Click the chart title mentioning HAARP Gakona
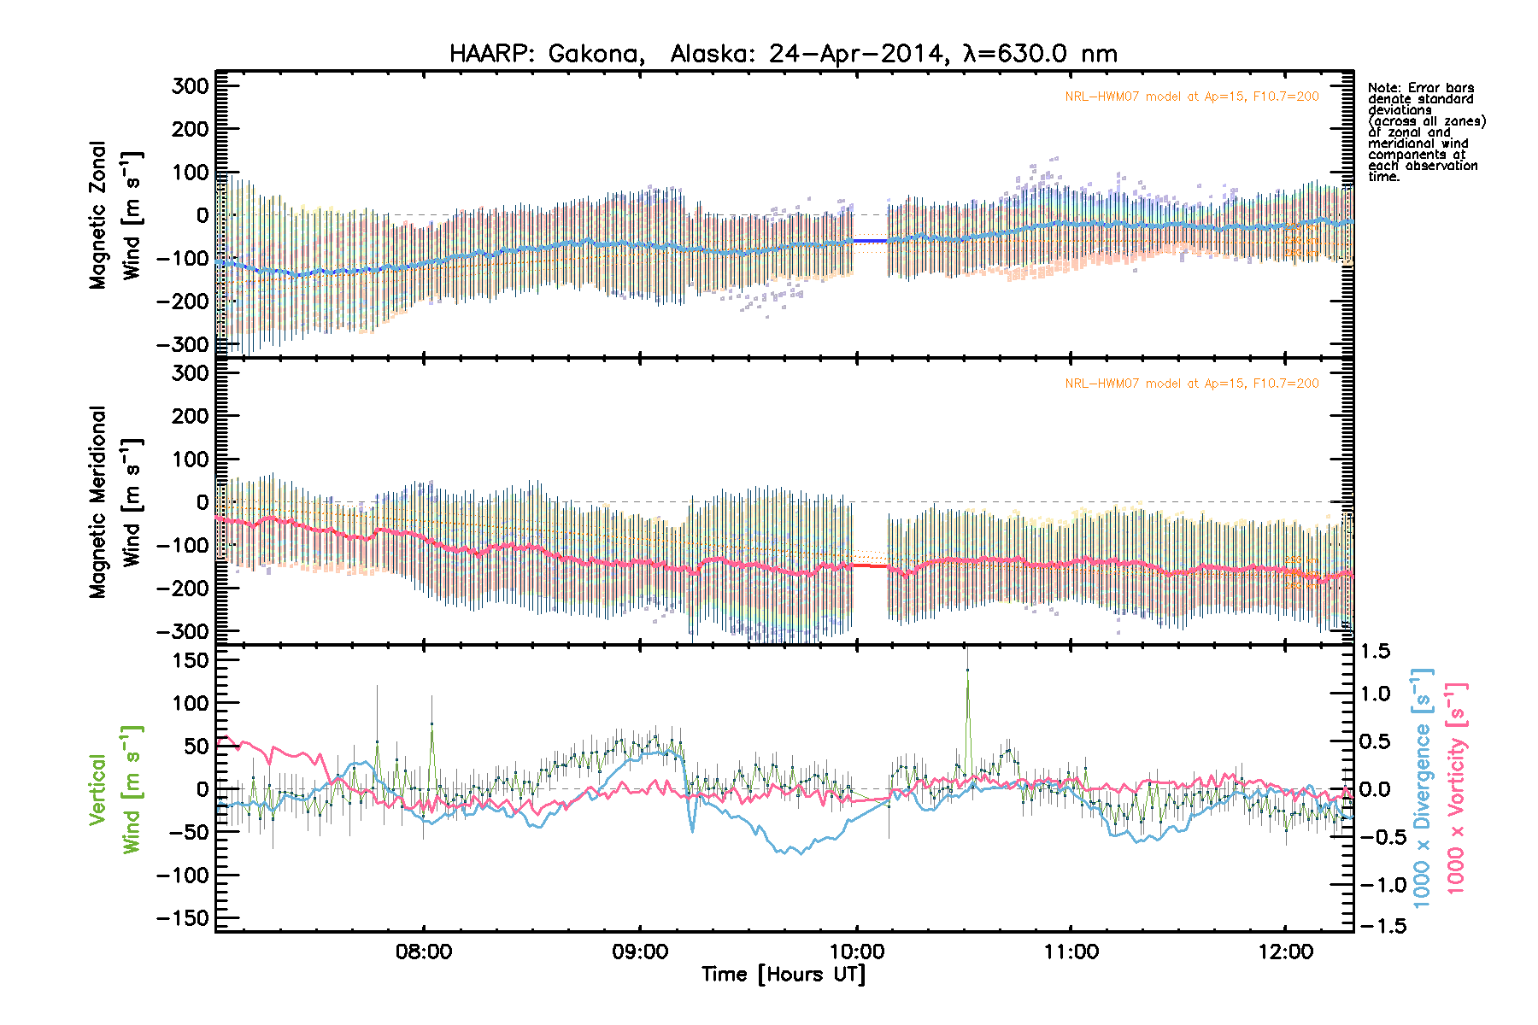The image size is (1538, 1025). (x=783, y=54)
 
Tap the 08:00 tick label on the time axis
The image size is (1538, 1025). (x=424, y=952)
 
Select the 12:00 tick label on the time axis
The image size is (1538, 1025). (x=1286, y=952)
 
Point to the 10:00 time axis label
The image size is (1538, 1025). (x=856, y=952)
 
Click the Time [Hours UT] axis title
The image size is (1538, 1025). (x=783, y=975)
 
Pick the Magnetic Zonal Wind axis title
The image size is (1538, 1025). (x=115, y=215)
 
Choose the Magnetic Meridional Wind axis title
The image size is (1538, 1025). (x=115, y=501)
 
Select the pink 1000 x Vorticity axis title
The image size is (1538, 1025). (x=1456, y=788)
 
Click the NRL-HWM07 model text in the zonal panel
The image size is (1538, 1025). (x=1191, y=97)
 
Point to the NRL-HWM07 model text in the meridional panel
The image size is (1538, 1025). (x=1191, y=384)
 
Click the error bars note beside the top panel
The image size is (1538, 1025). (x=1426, y=132)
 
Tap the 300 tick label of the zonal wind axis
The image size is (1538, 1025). (x=190, y=85)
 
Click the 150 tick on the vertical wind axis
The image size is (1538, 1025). (x=190, y=660)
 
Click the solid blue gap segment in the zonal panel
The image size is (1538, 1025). (x=871, y=241)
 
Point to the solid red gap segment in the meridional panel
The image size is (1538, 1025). (x=871, y=565)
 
